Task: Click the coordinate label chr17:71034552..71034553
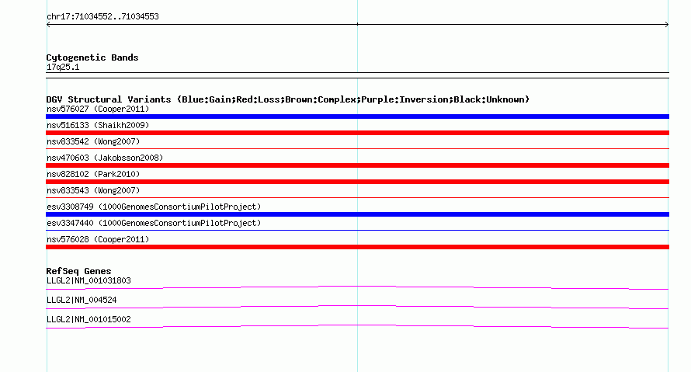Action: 102,17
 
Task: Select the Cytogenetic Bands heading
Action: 92,57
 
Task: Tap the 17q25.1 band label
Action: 63,67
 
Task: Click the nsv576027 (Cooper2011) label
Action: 98,109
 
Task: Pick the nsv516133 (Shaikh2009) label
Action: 98,125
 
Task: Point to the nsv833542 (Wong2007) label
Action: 93,141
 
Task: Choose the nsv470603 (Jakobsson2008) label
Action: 105,158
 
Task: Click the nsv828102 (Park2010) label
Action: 93,174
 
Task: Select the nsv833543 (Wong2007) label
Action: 93,190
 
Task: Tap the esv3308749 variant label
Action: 154,207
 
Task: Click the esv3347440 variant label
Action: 154,223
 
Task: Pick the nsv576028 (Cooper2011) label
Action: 98,239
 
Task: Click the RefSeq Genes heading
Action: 78,271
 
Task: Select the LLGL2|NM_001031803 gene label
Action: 89,281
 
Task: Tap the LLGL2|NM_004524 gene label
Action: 82,300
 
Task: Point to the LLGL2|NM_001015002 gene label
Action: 89,319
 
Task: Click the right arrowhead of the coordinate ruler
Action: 667,25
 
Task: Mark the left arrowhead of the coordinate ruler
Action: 47,25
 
